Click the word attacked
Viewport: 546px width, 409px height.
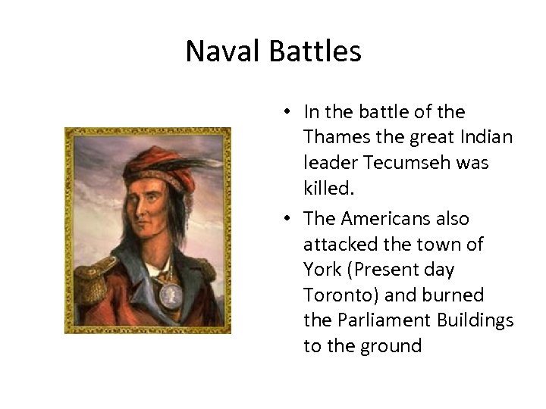[x=334, y=245]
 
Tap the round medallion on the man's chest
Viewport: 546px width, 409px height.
[x=170, y=293]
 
